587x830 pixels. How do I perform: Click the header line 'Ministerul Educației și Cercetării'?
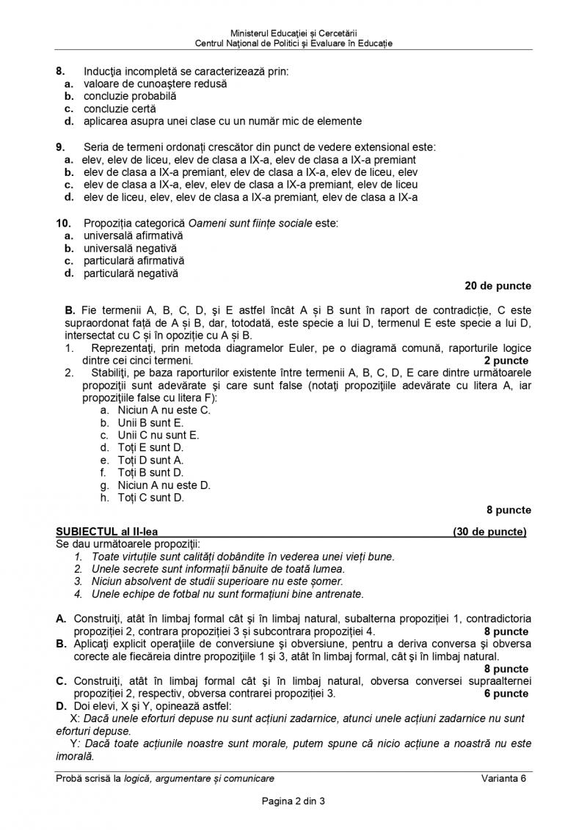(x=293, y=33)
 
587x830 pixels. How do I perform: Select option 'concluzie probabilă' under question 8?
(x=129, y=96)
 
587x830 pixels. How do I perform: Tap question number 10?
(x=62, y=223)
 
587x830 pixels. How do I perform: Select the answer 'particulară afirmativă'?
(x=134, y=261)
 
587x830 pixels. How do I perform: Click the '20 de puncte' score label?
(x=497, y=286)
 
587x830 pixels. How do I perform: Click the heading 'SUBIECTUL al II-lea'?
(x=106, y=532)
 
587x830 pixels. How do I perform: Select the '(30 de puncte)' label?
(x=489, y=532)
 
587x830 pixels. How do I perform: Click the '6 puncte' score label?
(x=506, y=693)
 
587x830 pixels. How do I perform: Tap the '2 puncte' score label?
(x=506, y=361)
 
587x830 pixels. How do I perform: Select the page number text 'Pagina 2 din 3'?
(x=293, y=801)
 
